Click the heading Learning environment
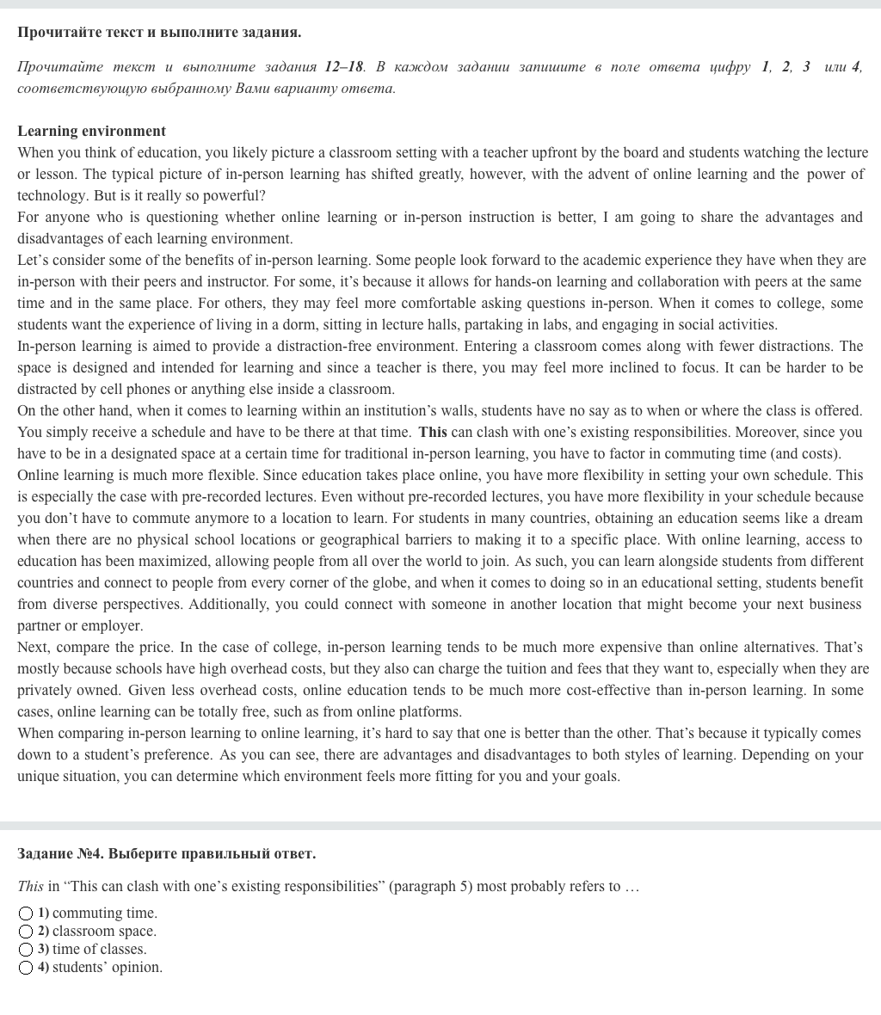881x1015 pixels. point(91,131)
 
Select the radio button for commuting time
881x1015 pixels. point(26,913)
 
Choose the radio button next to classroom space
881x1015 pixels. point(26,932)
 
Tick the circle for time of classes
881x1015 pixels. point(26,950)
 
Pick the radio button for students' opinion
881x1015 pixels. point(26,968)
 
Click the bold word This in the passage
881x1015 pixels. point(433,432)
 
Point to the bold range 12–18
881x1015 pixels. point(344,67)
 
